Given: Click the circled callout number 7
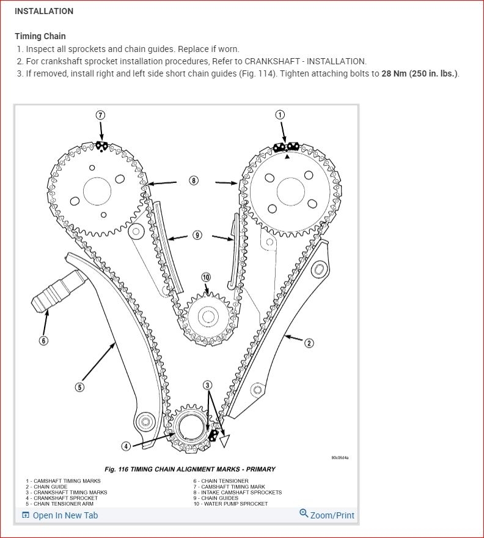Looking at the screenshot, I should click(x=101, y=115).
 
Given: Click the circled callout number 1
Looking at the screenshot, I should click(x=280, y=114).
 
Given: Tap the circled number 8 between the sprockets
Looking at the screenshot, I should click(x=194, y=181).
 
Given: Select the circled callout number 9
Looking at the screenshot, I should click(x=197, y=235).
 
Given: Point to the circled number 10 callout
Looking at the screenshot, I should click(x=206, y=277).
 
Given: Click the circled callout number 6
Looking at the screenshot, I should click(x=43, y=340).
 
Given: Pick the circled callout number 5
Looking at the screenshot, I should click(x=80, y=387).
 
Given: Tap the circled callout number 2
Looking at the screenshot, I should click(x=309, y=343).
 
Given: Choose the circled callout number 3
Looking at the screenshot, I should click(x=208, y=385).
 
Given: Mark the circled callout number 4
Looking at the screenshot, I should click(x=126, y=446).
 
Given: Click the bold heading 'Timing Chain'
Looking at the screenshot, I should click(x=40, y=36).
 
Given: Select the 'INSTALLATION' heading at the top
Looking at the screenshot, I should click(x=44, y=11).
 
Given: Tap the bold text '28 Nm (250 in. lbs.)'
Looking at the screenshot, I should click(x=419, y=74).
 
